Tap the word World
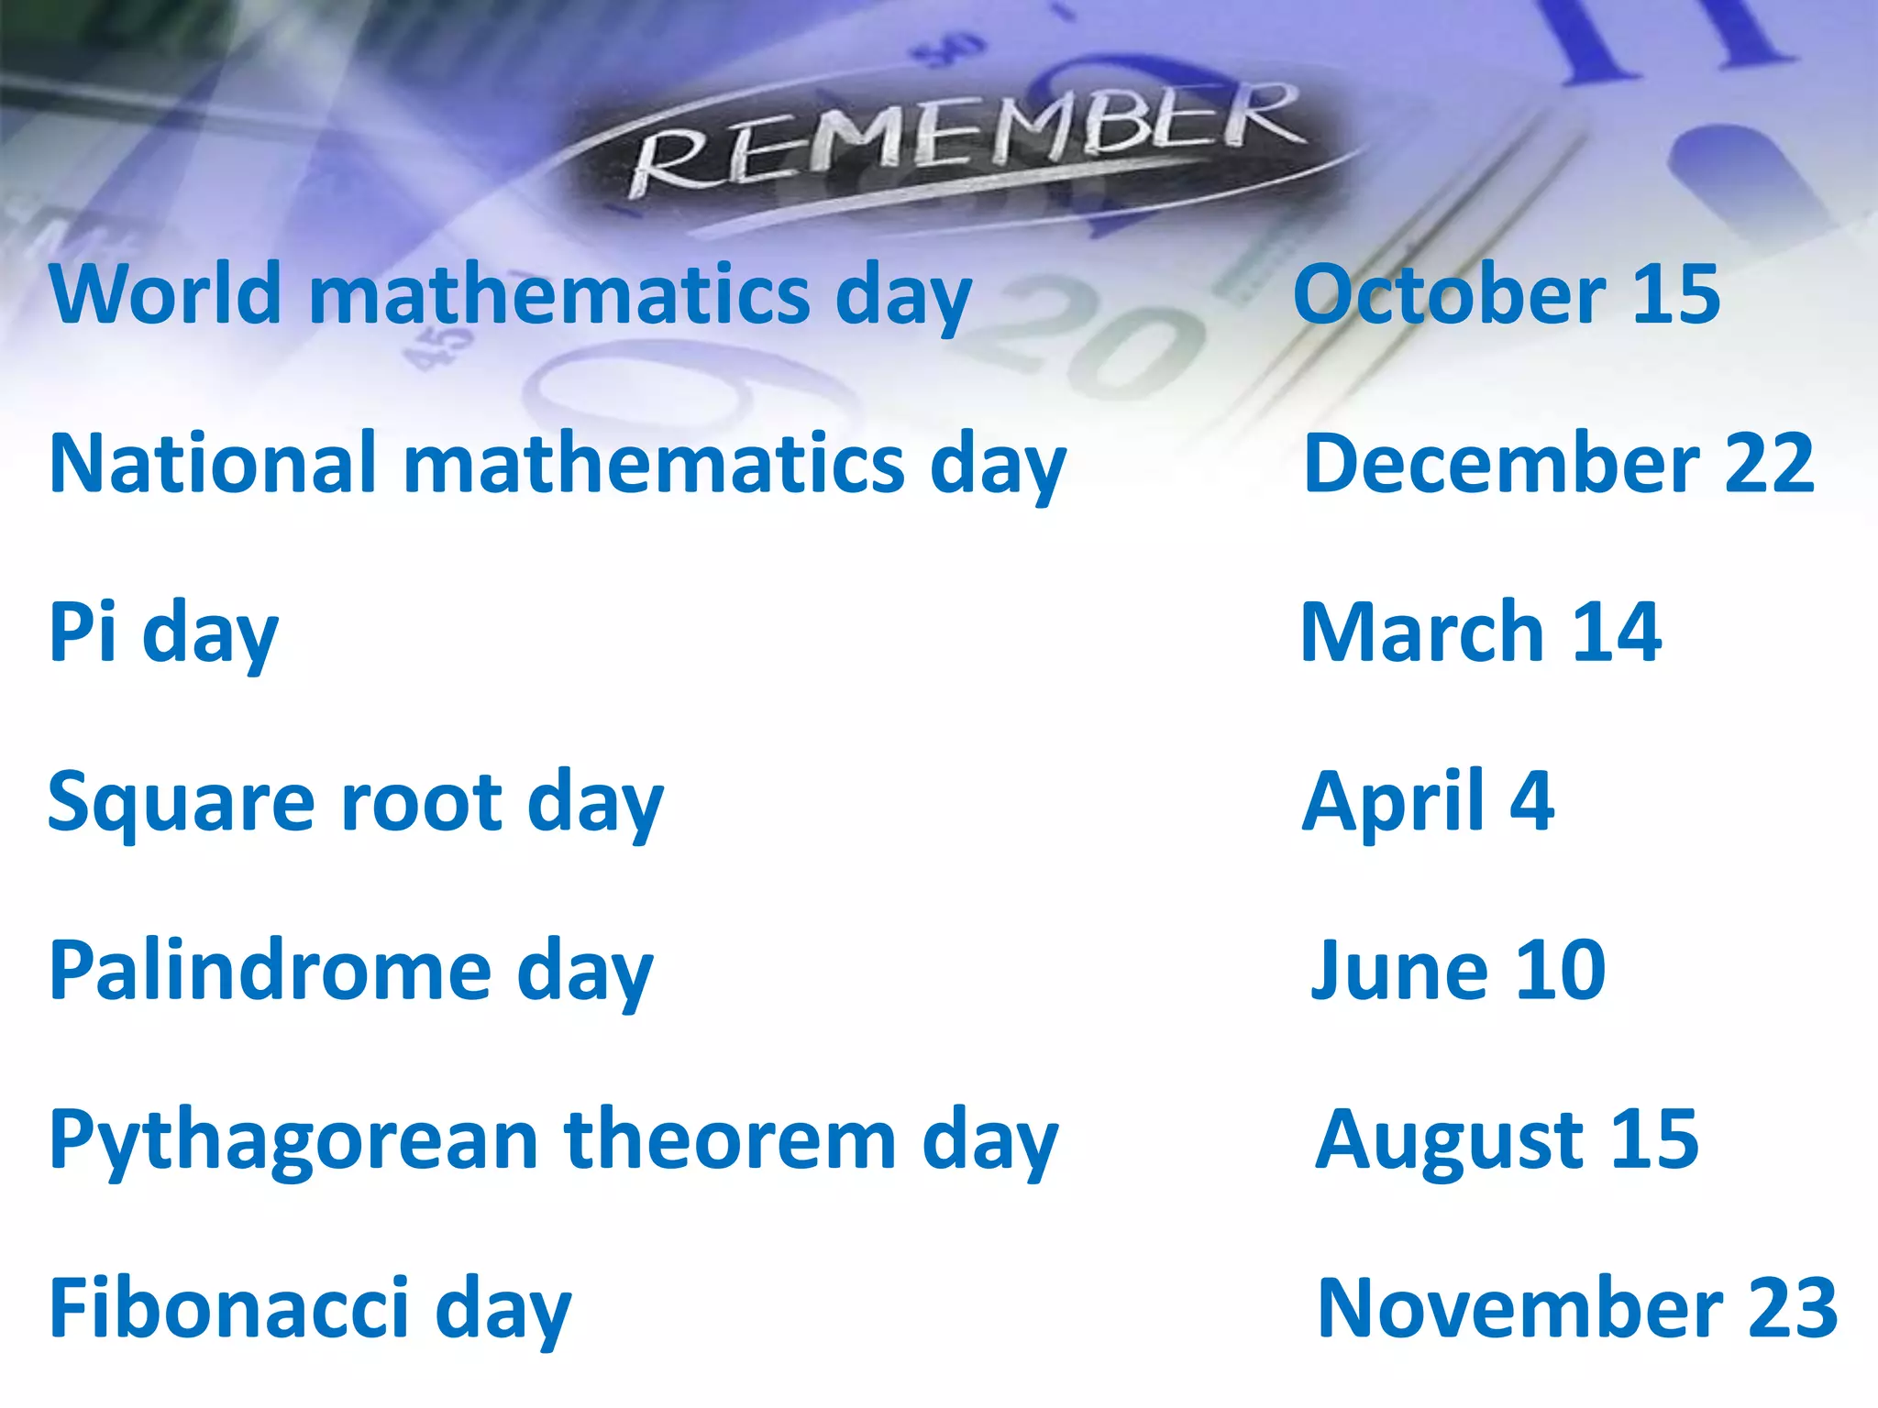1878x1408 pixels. point(165,294)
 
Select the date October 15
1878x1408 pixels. point(1507,294)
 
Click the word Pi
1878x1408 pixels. point(83,632)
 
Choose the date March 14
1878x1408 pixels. point(1481,632)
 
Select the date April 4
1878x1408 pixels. point(1428,803)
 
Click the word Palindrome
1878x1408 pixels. point(271,972)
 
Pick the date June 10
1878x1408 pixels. point(1458,972)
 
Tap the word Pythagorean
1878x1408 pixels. point(293,1142)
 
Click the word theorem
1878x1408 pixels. point(730,1140)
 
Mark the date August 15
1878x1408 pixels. point(1507,1142)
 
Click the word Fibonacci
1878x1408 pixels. point(229,1309)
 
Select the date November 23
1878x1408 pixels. point(1577,1309)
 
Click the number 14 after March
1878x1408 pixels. point(1617,632)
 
